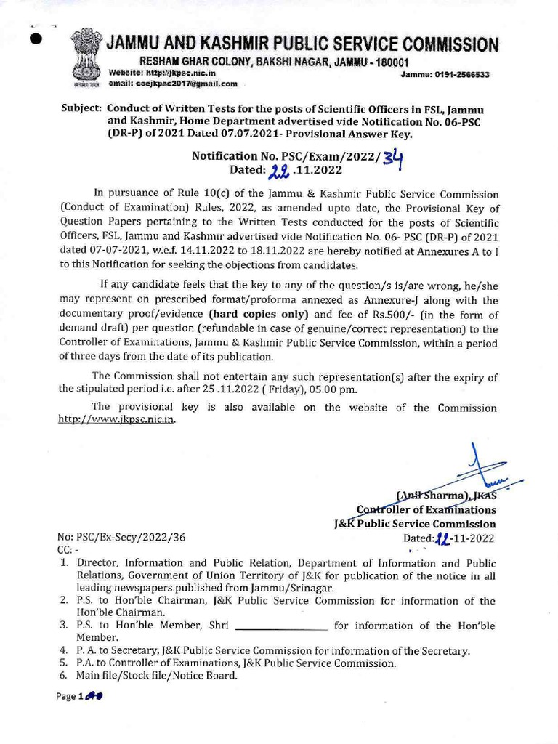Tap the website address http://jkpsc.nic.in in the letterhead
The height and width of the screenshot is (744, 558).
pyautogui.click(x=175, y=73)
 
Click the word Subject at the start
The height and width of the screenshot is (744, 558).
pyautogui.click(x=80, y=108)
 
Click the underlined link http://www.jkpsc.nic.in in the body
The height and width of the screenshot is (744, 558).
pyautogui.click(x=116, y=420)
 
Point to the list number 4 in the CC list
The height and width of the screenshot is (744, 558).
pyautogui.click(x=63, y=650)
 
